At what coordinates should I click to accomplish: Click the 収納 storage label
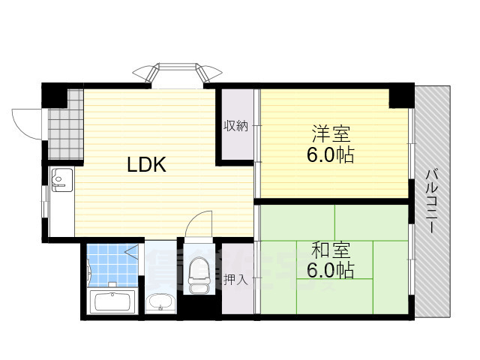pyautogui.click(x=235, y=125)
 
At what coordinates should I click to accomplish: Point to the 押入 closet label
pyautogui.click(x=235, y=280)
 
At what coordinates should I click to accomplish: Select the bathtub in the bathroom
pyautogui.click(x=111, y=304)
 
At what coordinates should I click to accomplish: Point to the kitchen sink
pyautogui.click(x=61, y=180)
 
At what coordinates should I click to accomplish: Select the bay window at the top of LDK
pyautogui.click(x=177, y=73)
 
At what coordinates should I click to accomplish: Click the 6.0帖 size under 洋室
pyautogui.click(x=330, y=157)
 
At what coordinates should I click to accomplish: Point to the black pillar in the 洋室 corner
pyautogui.click(x=400, y=96)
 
